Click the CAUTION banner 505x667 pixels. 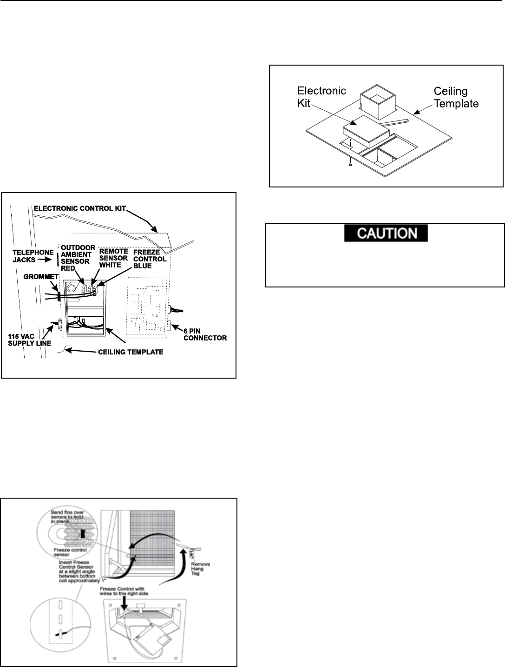385,233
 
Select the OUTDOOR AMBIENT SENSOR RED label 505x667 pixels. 78,258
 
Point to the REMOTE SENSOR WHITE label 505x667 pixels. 113,258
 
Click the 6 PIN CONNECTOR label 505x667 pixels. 205,334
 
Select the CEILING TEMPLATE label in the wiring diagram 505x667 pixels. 130,352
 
